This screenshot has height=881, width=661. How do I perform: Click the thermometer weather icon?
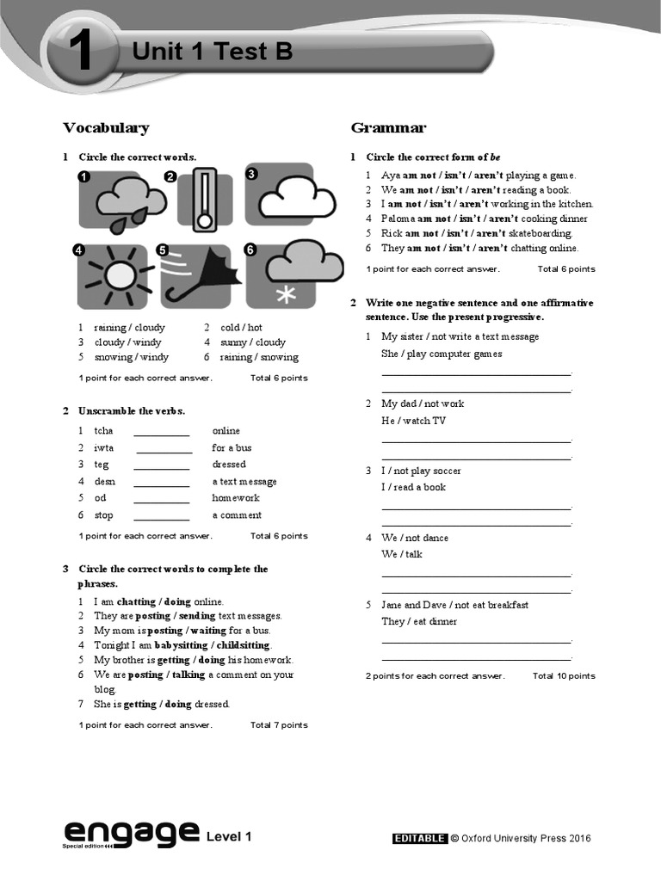click(204, 200)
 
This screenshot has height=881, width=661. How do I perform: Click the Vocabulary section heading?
click(106, 128)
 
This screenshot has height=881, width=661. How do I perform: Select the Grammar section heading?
click(388, 128)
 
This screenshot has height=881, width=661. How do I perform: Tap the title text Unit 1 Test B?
click(212, 52)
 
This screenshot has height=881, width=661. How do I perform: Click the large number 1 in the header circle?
click(82, 54)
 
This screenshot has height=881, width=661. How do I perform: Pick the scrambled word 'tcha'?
click(103, 431)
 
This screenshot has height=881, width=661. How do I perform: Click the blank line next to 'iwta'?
click(164, 448)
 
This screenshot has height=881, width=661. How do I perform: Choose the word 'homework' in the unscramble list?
click(235, 498)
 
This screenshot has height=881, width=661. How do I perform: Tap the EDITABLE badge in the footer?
click(419, 838)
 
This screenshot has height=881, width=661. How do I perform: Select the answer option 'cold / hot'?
click(241, 328)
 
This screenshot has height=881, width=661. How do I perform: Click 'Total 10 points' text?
click(564, 676)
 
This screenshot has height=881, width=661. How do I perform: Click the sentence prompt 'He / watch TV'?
click(413, 421)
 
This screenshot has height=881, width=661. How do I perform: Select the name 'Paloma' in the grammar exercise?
click(398, 219)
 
